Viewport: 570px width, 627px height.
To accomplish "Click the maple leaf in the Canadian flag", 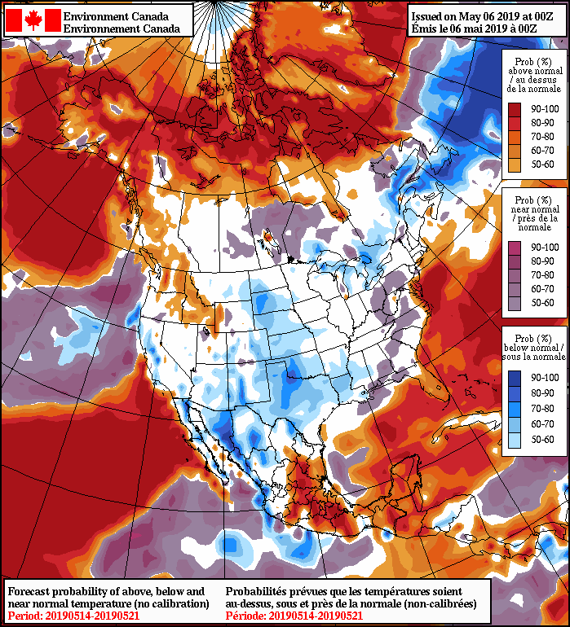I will tap(33, 21).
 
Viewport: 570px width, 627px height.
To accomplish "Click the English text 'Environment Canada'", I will tap(117, 15).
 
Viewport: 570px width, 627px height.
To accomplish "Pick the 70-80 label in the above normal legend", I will tap(545, 137).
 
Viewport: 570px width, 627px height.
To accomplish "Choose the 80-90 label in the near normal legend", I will tap(545, 261).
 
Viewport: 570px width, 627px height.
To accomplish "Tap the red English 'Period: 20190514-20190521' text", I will tap(73, 615).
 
